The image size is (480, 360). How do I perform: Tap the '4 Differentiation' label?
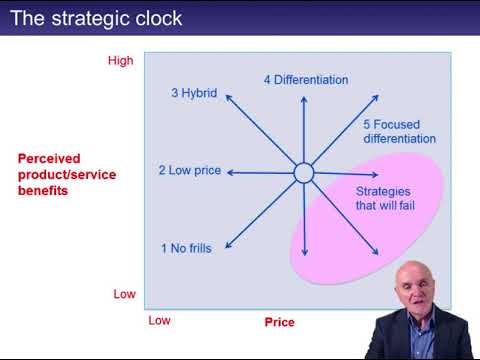(x=306, y=79)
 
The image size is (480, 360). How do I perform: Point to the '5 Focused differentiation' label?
(x=399, y=131)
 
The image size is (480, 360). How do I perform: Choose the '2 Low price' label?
(x=189, y=171)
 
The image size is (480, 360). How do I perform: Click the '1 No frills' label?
(x=187, y=247)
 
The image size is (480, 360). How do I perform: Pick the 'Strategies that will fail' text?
(x=385, y=199)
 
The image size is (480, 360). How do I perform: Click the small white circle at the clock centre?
(x=304, y=173)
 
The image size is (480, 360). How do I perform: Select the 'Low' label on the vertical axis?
(x=124, y=294)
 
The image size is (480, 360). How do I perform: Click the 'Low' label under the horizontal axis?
(x=159, y=321)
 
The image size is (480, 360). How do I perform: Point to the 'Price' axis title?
(x=279, y=322)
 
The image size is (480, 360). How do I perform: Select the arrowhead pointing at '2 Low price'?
(x=231, y=172)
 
